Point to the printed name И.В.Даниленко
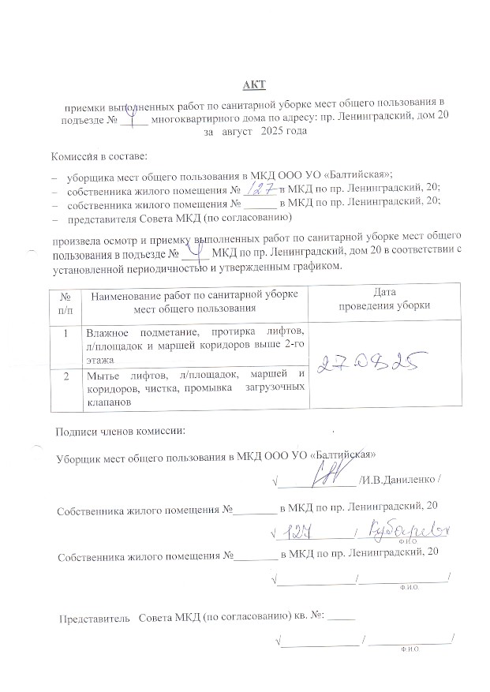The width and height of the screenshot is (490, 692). coord(400,480)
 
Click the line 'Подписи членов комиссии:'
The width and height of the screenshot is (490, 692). coord(120,431)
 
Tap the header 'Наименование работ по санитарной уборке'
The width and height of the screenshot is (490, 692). coord(193,294)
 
